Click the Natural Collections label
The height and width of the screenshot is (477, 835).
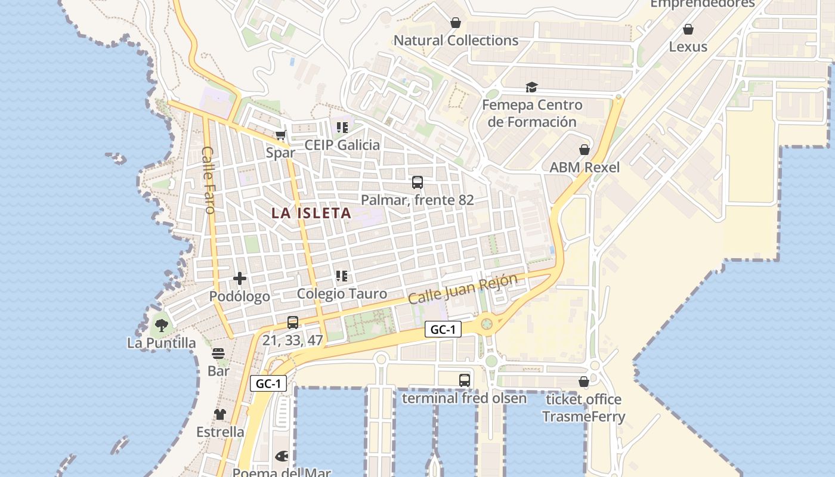(x=456, y=41)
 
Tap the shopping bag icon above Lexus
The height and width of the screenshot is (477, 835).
(x=688, y=29)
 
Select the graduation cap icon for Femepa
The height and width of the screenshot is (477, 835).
(x=531, y=88)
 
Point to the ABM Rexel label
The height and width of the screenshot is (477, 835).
(x=584, y=168)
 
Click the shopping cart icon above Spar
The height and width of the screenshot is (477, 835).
(x=281, y=135)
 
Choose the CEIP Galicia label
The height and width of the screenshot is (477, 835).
(x=342, y=145)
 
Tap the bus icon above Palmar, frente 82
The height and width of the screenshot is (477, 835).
(x=417, y=182)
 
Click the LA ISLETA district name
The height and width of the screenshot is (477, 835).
(x=311, y=213)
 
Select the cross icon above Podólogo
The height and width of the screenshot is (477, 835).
(x=240, y=278)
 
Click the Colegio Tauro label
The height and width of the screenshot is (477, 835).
(x=342, y=293)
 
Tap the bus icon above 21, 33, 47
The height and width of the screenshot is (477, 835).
(x=293, y=323)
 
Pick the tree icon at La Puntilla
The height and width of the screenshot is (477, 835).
(x=161, y=326)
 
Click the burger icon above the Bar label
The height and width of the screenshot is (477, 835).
(x=218, y=354)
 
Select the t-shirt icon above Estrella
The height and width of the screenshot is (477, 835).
(x=220, y=414)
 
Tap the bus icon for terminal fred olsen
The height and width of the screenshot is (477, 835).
(x=465, y=380)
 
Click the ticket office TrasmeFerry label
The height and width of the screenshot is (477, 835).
(x=583, y=408)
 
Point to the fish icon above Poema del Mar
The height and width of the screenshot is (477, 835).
(x=282, y=457)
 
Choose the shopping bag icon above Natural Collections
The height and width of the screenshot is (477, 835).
(x=456, y=23)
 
